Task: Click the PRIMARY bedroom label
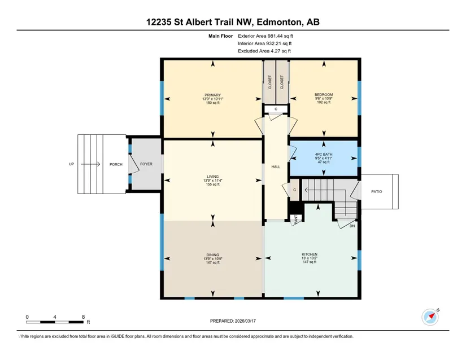pos(212,95)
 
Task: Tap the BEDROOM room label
pos(324,95)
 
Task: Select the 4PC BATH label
pos(324,155)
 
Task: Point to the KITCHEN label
pos(310,254)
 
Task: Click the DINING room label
pos(212,255)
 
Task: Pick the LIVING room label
pos(212,177)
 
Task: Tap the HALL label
pos(276,167)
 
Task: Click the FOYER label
pos(146,164)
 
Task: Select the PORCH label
pos(116,164)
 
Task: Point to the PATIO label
pos(377,192)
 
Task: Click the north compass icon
pos(430,317)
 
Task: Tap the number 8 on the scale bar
pos(83,317)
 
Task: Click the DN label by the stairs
pos(352,226)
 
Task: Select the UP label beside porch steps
pos(71,164)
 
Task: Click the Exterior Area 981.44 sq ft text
pos(265,36)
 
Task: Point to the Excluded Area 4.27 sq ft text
pos(264,51)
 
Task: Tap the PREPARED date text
pos(233,321)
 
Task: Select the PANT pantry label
pos(296,219)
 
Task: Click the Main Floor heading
pos(220,36)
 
